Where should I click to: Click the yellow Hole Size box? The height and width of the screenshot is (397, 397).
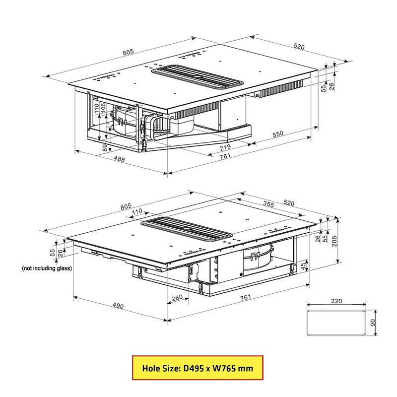point(198,368)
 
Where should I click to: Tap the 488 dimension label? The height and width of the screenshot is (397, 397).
point(119,159)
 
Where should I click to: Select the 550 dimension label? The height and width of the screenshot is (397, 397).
point(278,134)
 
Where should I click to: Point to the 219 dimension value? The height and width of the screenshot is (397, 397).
point(225,147)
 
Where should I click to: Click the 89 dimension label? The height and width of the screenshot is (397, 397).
point(105,148)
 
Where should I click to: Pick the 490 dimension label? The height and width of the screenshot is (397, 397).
point(118,306)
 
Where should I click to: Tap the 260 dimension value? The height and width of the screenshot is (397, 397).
point(177,297)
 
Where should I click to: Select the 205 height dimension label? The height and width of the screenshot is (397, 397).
point(334,241)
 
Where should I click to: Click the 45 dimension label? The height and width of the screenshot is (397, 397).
point(303,266)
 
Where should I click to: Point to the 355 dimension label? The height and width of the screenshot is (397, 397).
point(268,204)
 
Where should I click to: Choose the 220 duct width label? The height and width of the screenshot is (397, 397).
point(336,301)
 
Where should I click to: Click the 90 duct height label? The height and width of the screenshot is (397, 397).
point(373,323)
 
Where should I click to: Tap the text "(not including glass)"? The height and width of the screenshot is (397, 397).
point(47,268)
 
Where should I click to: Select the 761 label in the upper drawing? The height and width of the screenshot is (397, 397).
point(225,156)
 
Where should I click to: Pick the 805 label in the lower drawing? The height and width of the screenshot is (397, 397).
point(126,206)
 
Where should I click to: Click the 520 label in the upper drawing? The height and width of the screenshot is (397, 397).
point(299,46)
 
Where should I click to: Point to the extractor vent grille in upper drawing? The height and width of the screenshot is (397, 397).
point(198,77)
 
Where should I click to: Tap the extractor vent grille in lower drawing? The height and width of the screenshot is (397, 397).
point(187,229)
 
